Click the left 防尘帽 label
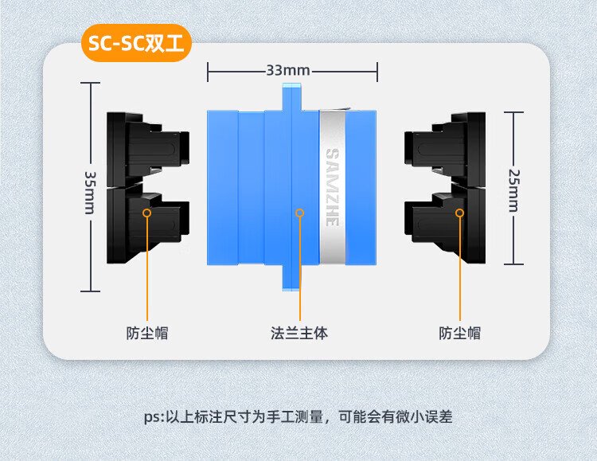(146, 333)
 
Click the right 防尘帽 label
(459, 333)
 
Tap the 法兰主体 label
(298, 333)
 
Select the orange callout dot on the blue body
(299, 213)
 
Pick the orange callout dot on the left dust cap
(146, 213)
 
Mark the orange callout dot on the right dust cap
(459, 213)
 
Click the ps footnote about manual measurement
(298, 416)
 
